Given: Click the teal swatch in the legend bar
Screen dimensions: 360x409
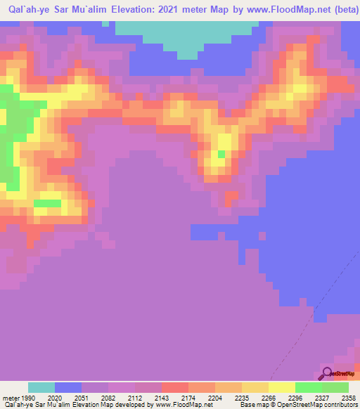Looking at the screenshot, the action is tap(41, 387).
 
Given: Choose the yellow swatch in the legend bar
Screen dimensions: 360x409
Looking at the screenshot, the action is tap(282, 387).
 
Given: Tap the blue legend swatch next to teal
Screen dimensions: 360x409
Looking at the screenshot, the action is tap(68, 387).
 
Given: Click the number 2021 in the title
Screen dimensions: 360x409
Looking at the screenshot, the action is tap(178, 9).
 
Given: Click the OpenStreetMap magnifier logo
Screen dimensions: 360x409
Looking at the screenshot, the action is tap(327, 373).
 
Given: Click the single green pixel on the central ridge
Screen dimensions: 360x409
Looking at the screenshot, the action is tap(221, 154).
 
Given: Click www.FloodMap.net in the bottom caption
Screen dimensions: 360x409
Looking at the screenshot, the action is tap(184, 405).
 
